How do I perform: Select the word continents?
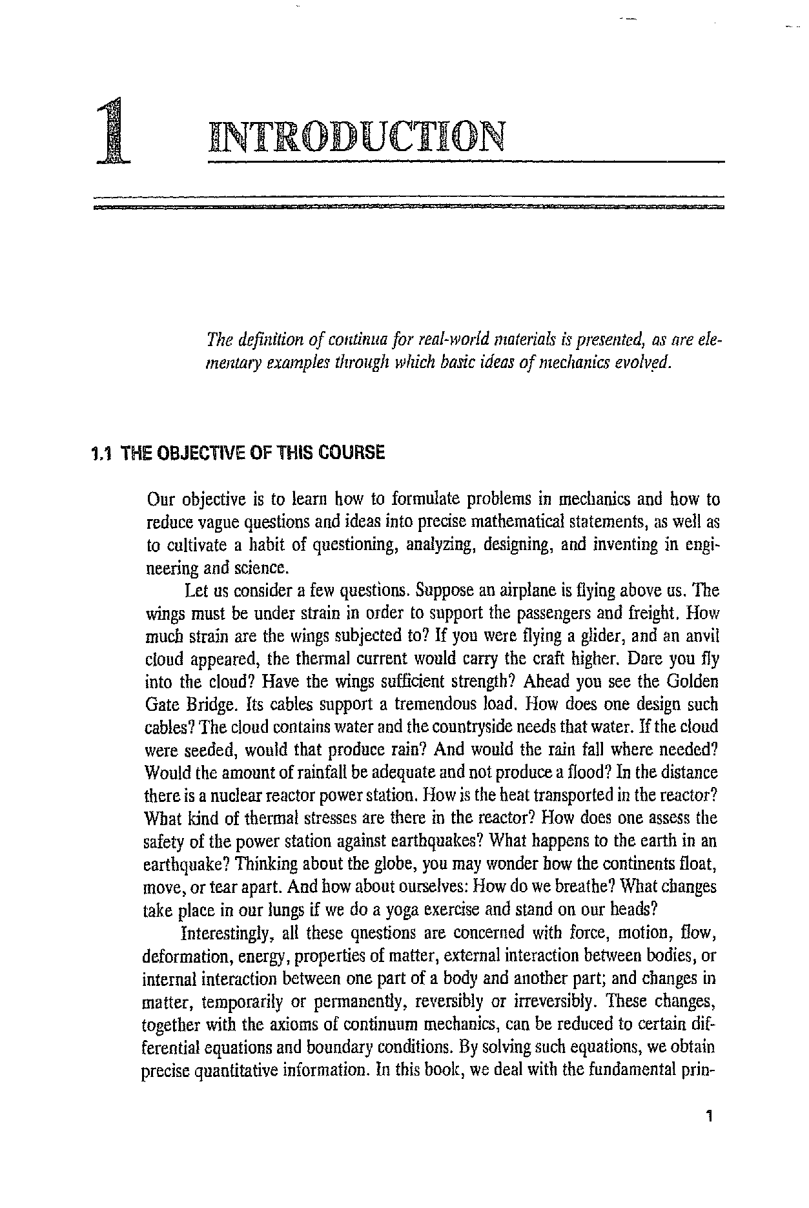[x=642, y=864]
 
